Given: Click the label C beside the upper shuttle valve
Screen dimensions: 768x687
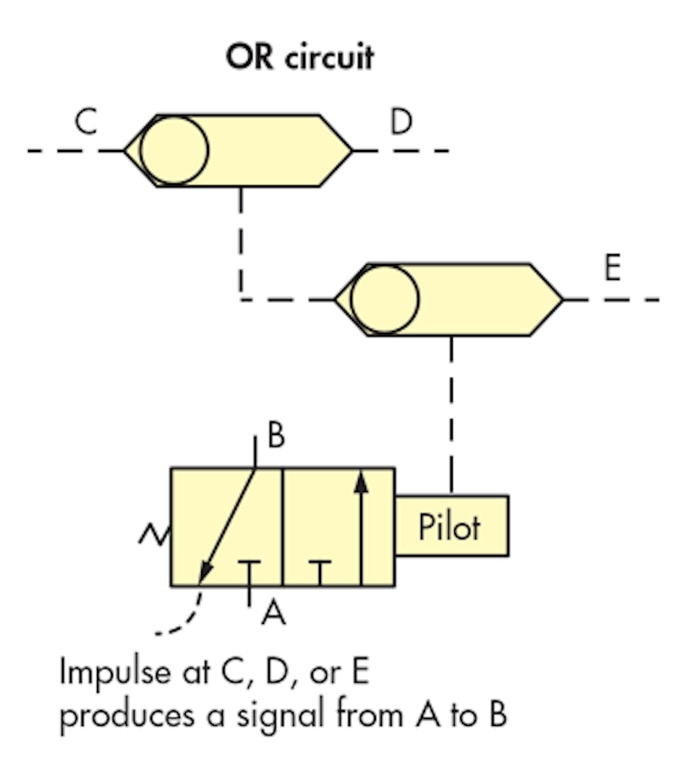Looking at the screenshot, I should click(x=85, y=123).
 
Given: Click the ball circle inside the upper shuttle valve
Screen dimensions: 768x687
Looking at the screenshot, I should click(x=174, y=151).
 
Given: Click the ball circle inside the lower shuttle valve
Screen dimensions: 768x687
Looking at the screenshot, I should click(x=384, y=299).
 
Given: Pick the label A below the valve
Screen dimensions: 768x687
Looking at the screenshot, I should click(x=273, y=614).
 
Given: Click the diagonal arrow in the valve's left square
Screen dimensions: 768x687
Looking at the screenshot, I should click(x=228, y=525).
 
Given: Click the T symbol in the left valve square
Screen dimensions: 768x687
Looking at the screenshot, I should click(x=249, y=572).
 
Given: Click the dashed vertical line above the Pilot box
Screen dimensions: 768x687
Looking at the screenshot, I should click(x=451, y=416).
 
